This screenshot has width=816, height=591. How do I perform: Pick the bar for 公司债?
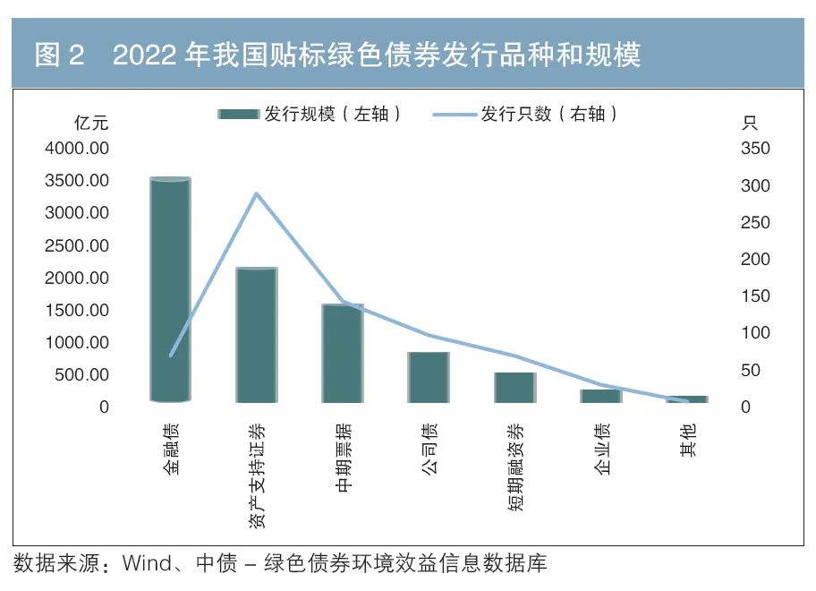429,377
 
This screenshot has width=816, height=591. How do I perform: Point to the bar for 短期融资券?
514,387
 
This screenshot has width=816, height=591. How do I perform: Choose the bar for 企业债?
600,396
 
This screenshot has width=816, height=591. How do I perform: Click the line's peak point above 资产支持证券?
257,193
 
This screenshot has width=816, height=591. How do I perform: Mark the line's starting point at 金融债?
171,355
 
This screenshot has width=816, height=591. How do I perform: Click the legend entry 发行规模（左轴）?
309,114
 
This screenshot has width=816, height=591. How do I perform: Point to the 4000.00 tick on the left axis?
77,148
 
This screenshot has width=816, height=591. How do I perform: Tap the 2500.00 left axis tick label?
77,245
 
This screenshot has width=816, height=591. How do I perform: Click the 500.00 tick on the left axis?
81,374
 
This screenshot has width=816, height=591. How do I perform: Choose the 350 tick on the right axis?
755,148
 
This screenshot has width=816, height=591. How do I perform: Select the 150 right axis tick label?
755,295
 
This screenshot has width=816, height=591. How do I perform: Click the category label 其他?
687,440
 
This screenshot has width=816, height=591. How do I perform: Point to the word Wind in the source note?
144,564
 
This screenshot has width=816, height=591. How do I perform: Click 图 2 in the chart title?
59,56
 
